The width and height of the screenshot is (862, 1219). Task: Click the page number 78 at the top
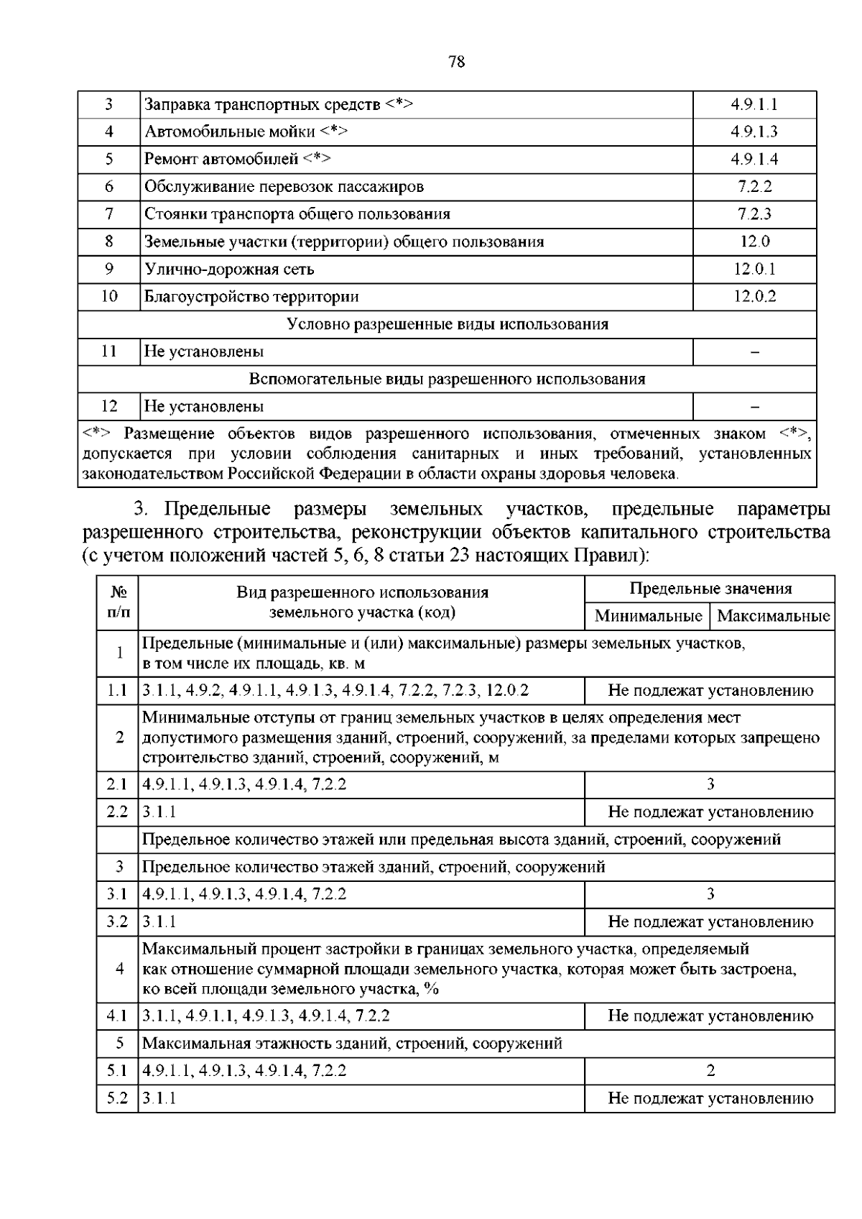456,62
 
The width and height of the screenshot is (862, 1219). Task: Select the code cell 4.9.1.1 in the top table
754,104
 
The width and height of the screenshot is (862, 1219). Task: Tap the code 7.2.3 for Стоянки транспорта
754,214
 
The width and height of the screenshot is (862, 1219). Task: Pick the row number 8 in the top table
109,241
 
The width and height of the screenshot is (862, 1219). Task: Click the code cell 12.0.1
754,269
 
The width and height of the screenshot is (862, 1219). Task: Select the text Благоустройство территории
251,296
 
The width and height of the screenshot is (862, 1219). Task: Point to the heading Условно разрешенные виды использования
448,324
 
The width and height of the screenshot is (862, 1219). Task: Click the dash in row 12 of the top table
754,407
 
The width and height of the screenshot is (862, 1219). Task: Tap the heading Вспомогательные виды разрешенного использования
448,379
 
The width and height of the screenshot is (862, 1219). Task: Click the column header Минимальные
648,616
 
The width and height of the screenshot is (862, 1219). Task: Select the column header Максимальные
773,616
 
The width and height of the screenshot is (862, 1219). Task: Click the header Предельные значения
710,589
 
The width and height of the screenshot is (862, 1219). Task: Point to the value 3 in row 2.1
710,784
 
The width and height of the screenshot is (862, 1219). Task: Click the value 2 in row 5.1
710,1070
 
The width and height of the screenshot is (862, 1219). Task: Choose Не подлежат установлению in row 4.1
710,1016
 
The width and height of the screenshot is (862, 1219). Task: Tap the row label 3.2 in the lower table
117,921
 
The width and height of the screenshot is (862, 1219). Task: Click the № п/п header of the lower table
119,602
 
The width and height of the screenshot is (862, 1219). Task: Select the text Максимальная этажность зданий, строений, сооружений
352,1043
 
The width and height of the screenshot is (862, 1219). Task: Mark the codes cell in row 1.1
335,691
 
